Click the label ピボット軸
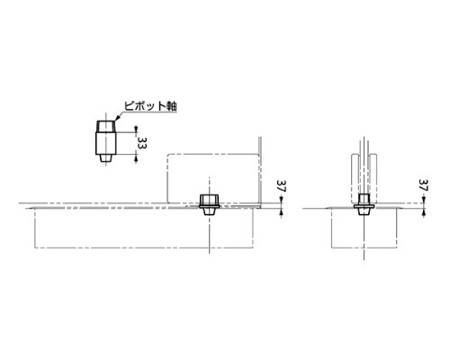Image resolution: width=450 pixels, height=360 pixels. pyautogui.click(x=150, y=106)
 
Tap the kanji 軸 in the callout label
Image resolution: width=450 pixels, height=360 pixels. pyautogui.click(x=172, y=106)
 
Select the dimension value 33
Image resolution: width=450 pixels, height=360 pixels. pyautogui.click(x=142, y=144)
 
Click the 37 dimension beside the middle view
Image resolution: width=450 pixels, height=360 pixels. pyautogui.click(x=282, y=186)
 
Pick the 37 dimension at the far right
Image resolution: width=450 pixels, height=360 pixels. pyautogui.click(x=424, y=185)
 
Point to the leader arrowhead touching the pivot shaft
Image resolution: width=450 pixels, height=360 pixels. pyautogui.click(x=117, y=119)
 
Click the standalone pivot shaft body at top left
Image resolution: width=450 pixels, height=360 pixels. pyautogui.click(x=105, y=143)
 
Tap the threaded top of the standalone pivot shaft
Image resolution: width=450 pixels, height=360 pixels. pyautogui.click(x=105, y=126)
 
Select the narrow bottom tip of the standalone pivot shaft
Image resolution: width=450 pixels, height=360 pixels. pyautogui.click(x=105, y=158)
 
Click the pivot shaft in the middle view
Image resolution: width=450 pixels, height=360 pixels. pyautogui.click(x=210, y=204)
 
